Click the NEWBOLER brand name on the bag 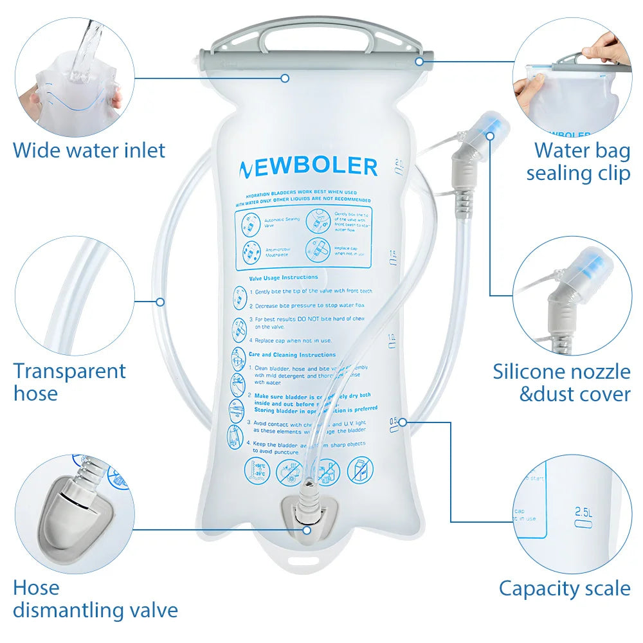point(308,168)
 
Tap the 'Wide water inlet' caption point(89,150)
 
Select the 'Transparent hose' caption point(69,382)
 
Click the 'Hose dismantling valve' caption point(95,599)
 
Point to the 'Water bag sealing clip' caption point(578,161)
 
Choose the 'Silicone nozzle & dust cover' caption point(562,383)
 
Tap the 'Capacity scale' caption point(565,588)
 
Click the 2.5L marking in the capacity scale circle point(583,512)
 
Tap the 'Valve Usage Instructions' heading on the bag point(284,277)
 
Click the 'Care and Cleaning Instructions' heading point(292,354)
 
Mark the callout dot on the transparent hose point(160,301)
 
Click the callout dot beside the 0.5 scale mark point(403,422)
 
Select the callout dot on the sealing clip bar point(419,61)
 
